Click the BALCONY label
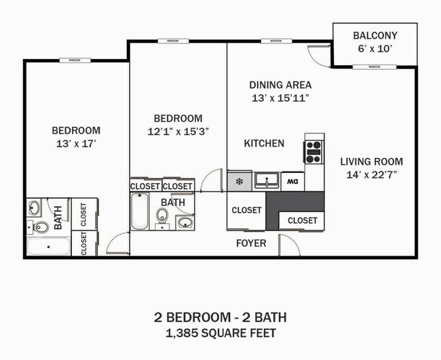coord(375,35)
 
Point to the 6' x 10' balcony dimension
coord(375,49)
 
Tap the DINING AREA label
coord(280,85)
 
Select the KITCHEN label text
coord(264,144)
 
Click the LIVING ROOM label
coord(371,161)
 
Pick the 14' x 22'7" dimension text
coord(371,174)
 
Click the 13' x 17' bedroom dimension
coord(76,143)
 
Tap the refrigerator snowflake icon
coord(239,181)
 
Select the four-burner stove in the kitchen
coord(313,151)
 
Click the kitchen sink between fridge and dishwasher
coord(267,181)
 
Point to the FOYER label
coord(250,243)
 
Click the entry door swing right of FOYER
coord(288,245)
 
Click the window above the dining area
coord(275,41)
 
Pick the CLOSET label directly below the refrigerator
coord(246,210)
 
